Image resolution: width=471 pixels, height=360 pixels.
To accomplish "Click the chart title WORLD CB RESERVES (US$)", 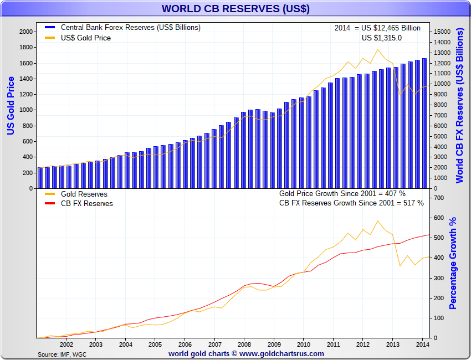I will (235, 9).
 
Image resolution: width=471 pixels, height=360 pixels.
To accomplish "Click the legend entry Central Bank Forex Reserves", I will (130, 27).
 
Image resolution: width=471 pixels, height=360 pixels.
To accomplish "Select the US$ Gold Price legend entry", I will (85, 38).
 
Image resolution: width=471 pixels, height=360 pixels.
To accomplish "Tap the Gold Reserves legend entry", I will (84, 194).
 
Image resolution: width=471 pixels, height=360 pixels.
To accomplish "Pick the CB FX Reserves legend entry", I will (86, 203).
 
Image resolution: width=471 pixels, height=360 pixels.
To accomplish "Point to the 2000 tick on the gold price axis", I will (25, 32).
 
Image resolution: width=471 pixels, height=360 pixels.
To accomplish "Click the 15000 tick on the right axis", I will (442, 32).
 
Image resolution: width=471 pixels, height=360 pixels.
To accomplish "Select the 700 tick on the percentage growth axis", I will (439, 198).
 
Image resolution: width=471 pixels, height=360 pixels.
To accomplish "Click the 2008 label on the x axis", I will (243, 344).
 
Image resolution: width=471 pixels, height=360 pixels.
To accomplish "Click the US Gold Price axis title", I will (11, 106).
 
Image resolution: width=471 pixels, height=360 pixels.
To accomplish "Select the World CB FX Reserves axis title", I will (460, 106).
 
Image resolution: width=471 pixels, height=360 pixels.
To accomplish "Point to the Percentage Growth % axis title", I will (453, 263).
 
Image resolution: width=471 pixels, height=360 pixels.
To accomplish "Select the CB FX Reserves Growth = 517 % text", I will (351, 203).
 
